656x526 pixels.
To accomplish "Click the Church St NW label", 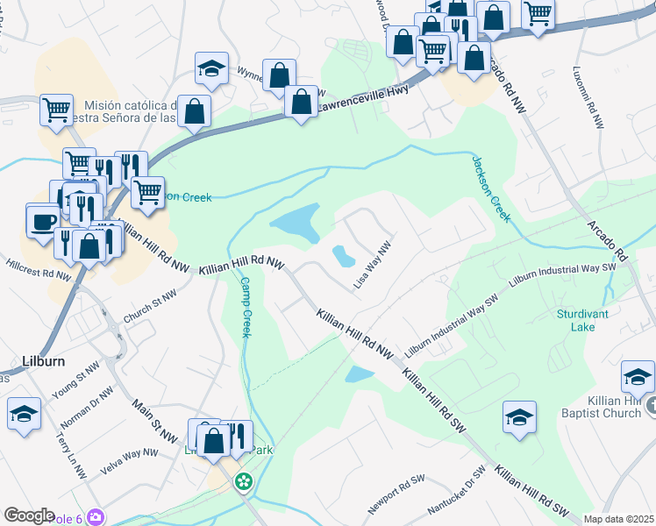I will [151, 309].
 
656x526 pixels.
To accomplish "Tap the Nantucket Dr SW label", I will [458, 489].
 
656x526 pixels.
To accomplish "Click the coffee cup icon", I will [42, 221].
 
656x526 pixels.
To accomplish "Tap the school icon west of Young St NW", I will [23, 413].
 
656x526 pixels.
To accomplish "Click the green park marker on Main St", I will [244, 481].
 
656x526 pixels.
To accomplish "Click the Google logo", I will [29, 515].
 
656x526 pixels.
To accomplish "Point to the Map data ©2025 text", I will [618, 519].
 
